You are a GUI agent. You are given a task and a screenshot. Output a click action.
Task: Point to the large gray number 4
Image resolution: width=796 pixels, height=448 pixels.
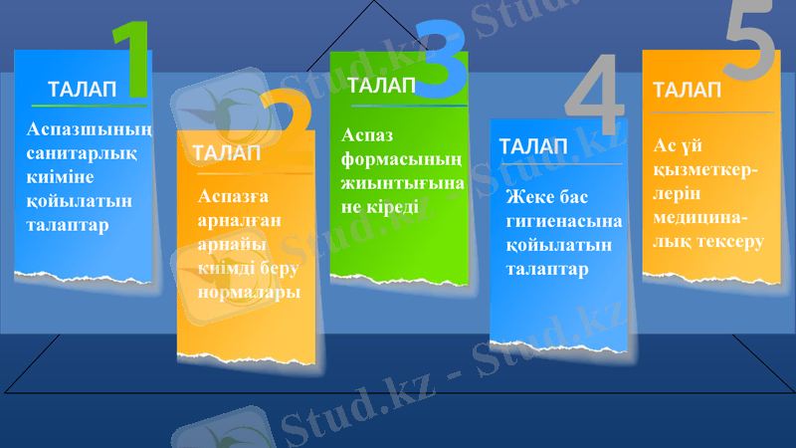click(x=595, y=100)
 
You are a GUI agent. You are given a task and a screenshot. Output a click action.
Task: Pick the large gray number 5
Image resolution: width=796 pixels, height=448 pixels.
click(x=748, y=42)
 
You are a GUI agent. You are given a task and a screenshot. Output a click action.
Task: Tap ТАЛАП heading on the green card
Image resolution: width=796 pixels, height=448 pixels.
click(x=381, y=86)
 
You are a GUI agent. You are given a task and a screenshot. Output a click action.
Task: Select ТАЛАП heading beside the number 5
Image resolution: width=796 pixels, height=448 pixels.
click(x=688, y=90)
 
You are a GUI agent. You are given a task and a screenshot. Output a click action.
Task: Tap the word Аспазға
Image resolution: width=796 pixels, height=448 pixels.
click(x=233, y=196)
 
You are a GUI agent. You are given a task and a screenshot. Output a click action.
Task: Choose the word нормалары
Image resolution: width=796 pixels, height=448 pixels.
click(x=249, y=294)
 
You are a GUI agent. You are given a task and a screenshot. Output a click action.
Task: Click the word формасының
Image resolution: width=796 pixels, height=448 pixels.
click(x=402, y=159)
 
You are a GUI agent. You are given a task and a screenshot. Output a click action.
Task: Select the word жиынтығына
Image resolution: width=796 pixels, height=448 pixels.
click(x=403, y=184)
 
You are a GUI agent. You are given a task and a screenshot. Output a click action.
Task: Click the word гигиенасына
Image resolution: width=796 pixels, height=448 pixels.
click(x=564, y=220)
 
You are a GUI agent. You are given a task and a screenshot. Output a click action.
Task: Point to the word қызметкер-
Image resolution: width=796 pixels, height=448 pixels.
click(x=706, y=170)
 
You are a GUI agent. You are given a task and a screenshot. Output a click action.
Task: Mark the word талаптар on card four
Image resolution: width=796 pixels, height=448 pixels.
click(x=547, y=269)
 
